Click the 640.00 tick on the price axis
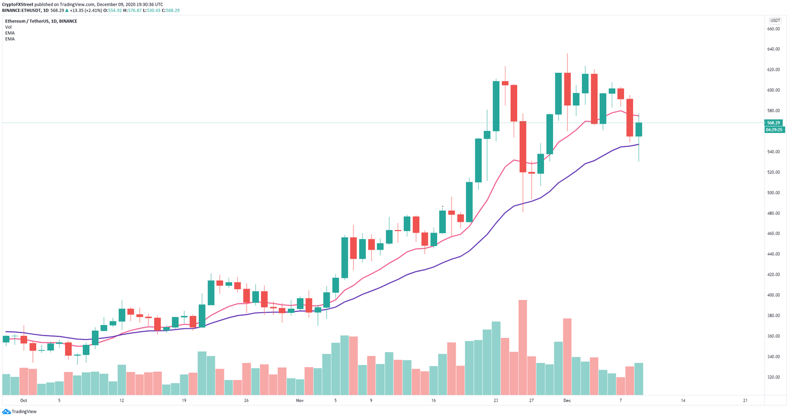coord(774,49)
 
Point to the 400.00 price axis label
coord(774,295)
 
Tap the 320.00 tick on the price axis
coord(774,377)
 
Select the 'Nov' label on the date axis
coord(300,401)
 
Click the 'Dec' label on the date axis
coord(567,401)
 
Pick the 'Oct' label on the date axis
coord(23,401)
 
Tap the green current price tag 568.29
coord(774,123)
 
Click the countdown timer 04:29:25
coord(774,130)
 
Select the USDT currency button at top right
coord(774,21)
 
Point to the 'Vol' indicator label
coord(8,27)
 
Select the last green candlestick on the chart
coord(639,129)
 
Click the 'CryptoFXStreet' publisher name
coord(18,4)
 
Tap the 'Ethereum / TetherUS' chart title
coord(31,21)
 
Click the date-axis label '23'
coord(496,401)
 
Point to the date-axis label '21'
coord(745,401)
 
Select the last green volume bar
coord(639,378)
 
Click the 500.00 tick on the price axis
coord(774,193)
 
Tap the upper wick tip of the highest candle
coord(568,53)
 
